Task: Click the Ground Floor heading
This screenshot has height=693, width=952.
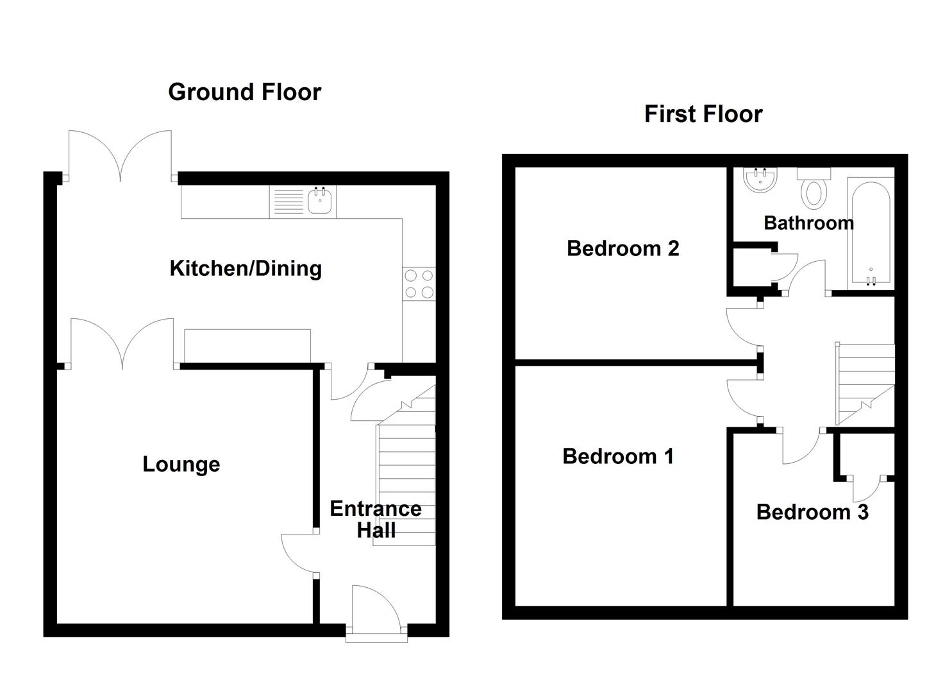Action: (244, 92)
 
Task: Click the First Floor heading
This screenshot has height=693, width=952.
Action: (703, 114)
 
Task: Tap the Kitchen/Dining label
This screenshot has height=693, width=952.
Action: (246, 269)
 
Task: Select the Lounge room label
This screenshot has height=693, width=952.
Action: (181, 464)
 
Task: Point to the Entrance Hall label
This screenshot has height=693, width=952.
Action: (376, 520)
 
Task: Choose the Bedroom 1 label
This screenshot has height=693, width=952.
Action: (618, 456)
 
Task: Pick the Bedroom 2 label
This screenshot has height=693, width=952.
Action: (622, 248)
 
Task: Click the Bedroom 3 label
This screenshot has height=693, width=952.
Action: (812, 512)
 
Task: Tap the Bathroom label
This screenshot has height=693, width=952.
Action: (808, 223)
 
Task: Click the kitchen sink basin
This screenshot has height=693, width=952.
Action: (320, 201)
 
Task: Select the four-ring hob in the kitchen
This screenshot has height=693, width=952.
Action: (419, 284)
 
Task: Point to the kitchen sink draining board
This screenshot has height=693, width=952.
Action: (288, 201)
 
